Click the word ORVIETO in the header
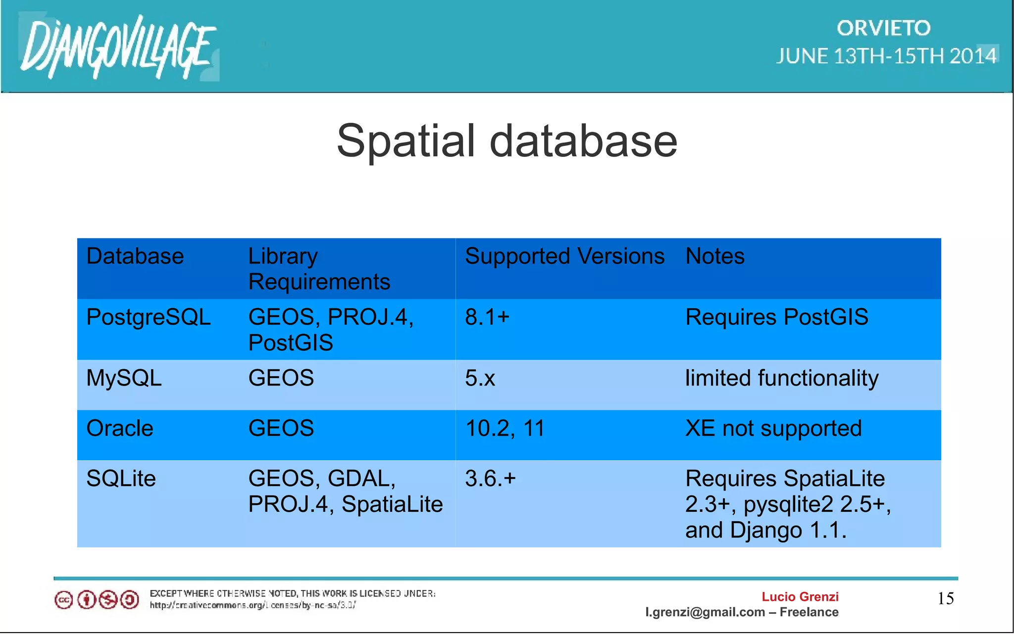[x=883, y=28]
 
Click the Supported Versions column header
[x=564, y=256]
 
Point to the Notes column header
[x=714, y=256]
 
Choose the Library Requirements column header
[x=319, y=269]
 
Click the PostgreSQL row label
[x=148, y=317]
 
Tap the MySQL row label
[x=124, y=378]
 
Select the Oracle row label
[x=120, y=428]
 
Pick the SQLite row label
[x=121, y=479]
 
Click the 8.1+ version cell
[x=487, y=317]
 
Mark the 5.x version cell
[x=480, y=378]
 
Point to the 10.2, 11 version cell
[x=505, y=428]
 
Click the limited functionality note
[x=781, y=378]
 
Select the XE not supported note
[x=773, y=428]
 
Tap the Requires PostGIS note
[x=776, y=317]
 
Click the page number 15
[x=945, y=598]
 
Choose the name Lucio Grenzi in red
[x=800, y=597]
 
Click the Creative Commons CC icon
[x=64, y=600]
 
